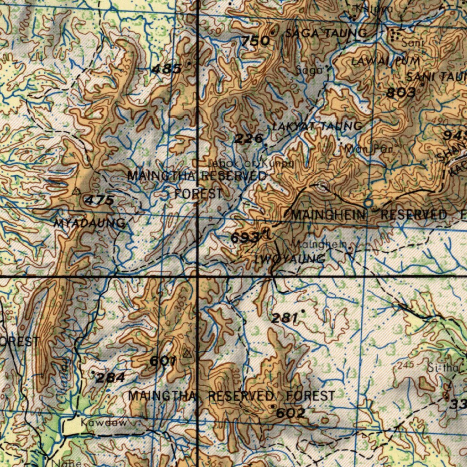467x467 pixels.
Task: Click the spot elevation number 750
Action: tap(255, 42)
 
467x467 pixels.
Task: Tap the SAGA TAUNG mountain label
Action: tap(326, 33)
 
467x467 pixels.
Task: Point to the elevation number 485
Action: tap(166, 69)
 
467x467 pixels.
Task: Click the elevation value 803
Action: tap(401, 93)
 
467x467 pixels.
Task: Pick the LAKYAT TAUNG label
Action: tap(317, 126)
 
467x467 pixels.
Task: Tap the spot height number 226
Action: tap(249, 139)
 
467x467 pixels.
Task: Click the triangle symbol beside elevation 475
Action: tap(77, 191)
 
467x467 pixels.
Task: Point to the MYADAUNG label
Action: tap(89, 223)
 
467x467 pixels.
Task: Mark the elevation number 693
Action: tap(245, 238)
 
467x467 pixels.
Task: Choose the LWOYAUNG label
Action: tap(290, 259)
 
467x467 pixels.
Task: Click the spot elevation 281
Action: tap(285, 318)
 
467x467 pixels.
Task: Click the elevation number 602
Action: tap(291, 413)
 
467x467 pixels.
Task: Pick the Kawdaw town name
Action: tap(104, 423)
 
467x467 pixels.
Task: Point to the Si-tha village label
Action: tap(440, 368)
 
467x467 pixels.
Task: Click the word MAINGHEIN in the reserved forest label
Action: tap(328, 215)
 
